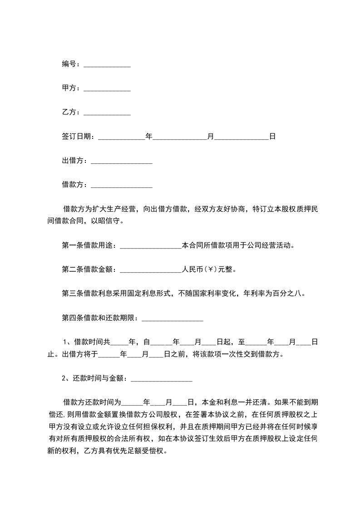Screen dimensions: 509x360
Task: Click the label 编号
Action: click(69, 64)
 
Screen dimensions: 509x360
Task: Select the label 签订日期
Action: click(76, 136)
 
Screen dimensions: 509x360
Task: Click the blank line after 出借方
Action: click(121, 161)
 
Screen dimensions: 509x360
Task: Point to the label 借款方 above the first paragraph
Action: click(72, 185)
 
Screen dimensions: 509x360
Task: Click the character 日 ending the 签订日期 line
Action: click(272, 136)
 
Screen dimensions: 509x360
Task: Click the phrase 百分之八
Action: click(291, 294)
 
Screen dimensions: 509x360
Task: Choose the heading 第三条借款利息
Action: click(89, 294)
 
